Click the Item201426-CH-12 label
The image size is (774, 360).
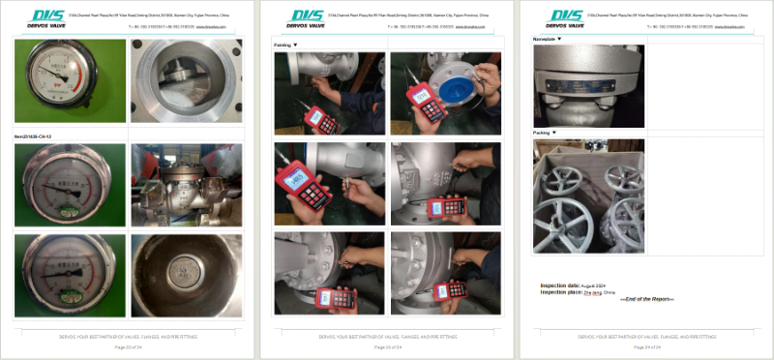pos(38,136)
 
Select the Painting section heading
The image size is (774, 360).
pos(285,45)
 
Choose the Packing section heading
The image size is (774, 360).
pos(546,132)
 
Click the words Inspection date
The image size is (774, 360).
pos(559,285)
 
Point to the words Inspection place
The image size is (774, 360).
pos(560,291)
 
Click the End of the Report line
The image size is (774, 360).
pos(647,299)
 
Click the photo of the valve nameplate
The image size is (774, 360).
pos(588,85)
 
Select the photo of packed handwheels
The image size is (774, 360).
pos(588,195)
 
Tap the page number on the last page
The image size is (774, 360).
pos(646,346)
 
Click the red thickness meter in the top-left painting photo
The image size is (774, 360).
pos(318,118)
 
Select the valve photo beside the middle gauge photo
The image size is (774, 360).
pos(184,185)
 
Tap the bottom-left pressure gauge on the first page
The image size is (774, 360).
pos(70,276)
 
